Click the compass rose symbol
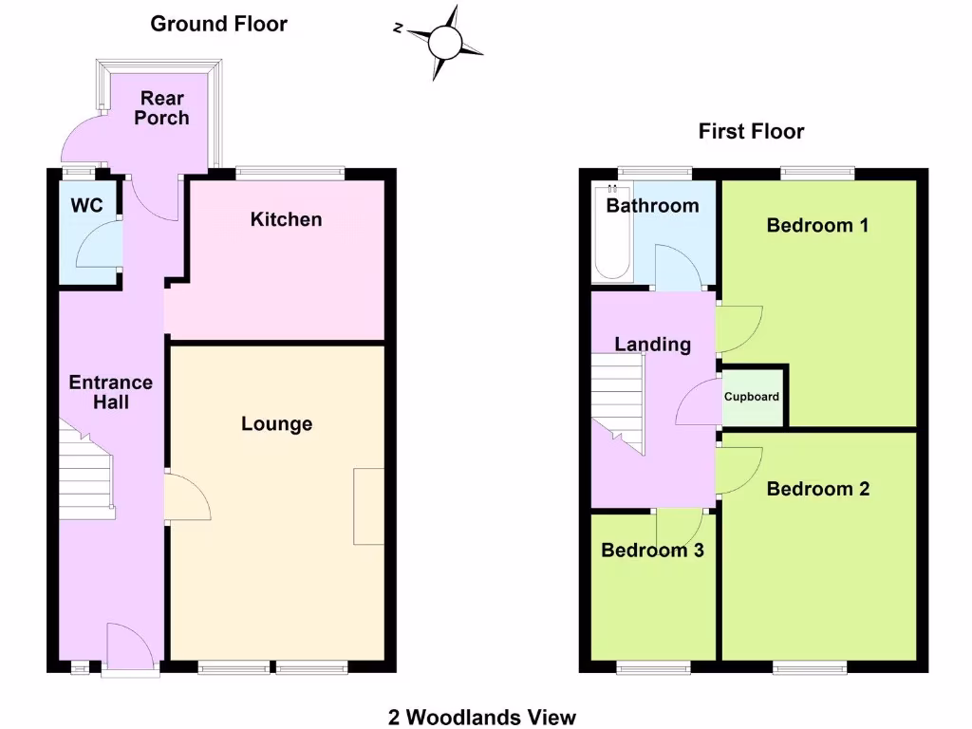tap(443, 43)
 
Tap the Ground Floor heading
tap(218, 24)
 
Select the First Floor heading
tap(751, 131)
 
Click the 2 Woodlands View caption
tap(482, 717)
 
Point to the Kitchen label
tap(286, 219)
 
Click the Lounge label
tap(276, 423)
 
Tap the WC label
tap(86, 206)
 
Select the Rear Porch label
tap(161, 108)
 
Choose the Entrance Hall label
tap(111, 392)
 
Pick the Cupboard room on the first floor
tap(754, 397)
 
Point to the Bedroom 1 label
tap(817, 225)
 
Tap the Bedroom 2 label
tap(817, 489)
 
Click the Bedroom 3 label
tap(652, 551)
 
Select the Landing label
tap(652, 344)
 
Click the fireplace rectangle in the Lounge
tap(368, 506)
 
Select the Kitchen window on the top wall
tap(290, 174)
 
